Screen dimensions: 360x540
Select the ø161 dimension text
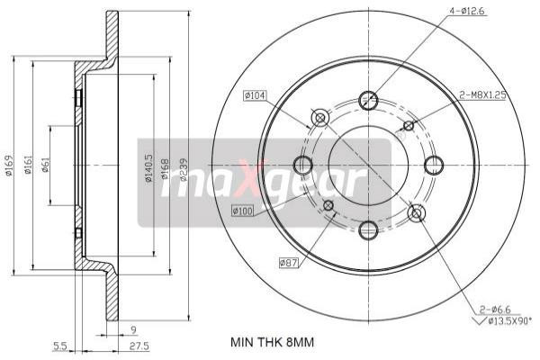point(30,166)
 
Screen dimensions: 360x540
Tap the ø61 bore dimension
point(46,166)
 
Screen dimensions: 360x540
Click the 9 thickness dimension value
point(132,329)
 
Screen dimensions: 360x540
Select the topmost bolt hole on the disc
point(368,100)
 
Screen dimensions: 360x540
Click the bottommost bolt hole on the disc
point(368,231)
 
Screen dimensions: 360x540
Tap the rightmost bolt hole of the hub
point(434,166)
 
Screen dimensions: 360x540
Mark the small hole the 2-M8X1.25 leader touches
point(408,126)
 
